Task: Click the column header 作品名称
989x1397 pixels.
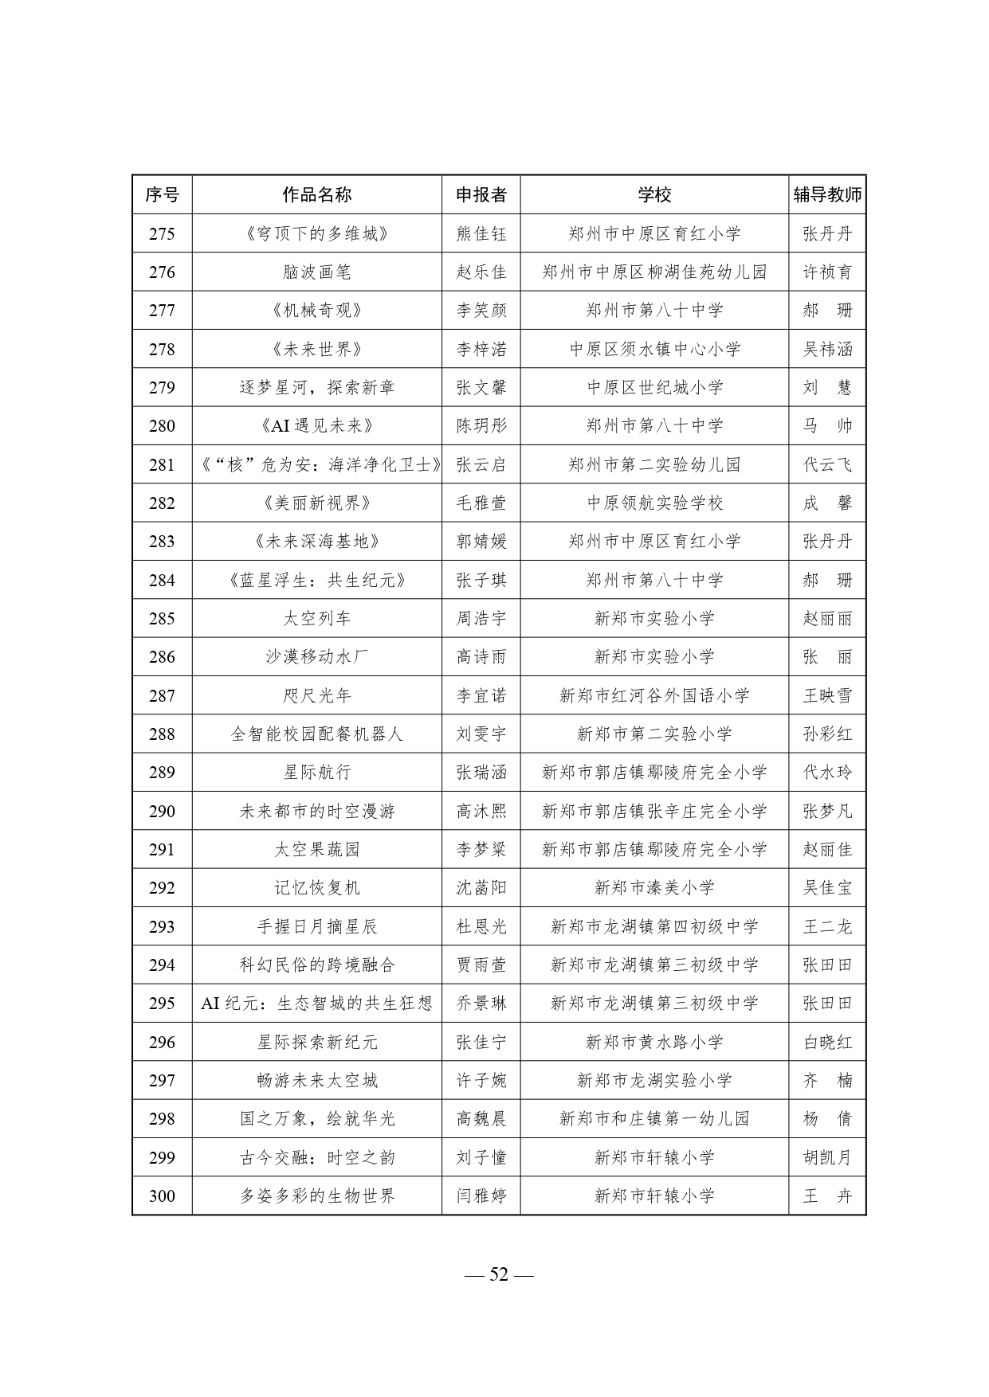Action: [x=316, y=195]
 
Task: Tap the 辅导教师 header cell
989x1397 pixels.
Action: [x=826, y=195]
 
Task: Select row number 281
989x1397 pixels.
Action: [x=162, y=464]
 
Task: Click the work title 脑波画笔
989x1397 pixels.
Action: [x=316, y=272]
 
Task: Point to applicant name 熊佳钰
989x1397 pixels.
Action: [x=481, y=234]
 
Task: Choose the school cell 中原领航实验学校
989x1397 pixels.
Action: [x=654, y=503]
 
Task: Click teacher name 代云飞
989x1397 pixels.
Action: [x=826, y=464]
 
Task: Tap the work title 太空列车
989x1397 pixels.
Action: [x=316, y=619]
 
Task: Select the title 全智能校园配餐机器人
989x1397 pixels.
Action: [x=316, y=734]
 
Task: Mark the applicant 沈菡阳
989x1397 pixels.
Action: [x=481, y=888]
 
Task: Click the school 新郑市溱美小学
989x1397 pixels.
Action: [x=654, y=888]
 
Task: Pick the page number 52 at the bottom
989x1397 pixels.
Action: [x=499, y=1274]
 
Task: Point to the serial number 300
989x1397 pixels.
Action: [x=162, y=1196]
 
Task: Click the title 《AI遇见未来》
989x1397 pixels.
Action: [x=316, y=426]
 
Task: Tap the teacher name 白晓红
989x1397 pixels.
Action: [x=826, y=1043]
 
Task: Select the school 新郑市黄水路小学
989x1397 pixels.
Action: [x=654, y=1043]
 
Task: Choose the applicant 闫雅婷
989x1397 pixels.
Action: [x=481, y=1196]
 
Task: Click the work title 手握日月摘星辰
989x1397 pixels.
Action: [x=316, y=927]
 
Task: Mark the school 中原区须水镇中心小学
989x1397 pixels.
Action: [x=654, y=350]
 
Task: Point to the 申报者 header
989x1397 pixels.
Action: [x=481, y=195]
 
